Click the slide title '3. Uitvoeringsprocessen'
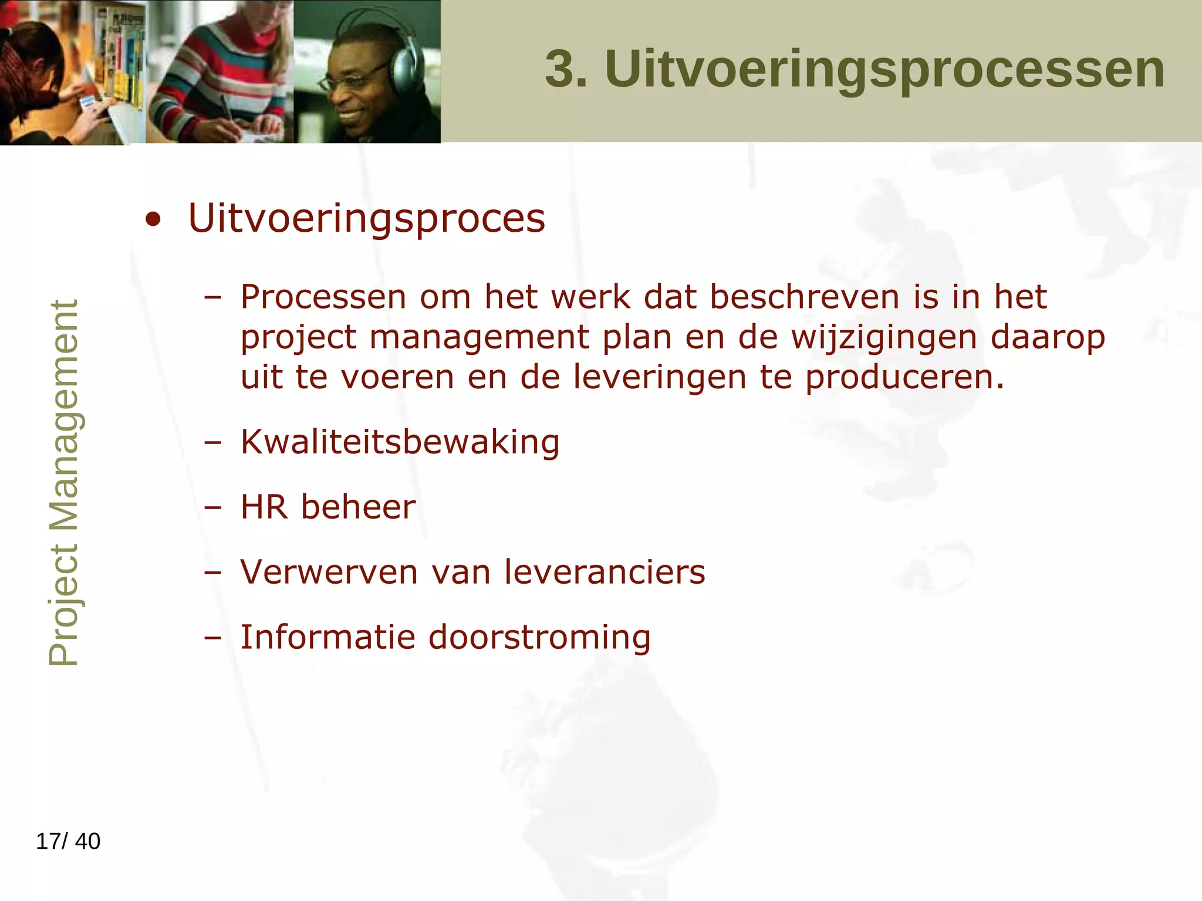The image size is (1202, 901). pyautogui.click(x=855, y=69)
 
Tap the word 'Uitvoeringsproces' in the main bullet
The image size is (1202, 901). pyautogui.click(x=366, y=219)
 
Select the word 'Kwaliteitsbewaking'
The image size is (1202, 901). pyautogui.click(x=400, y=442)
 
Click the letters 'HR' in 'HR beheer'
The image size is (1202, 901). pyautogui.click(x=264, y=507)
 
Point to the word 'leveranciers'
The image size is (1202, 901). pyautogui.click(x=605, y=572)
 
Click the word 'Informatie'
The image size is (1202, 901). pyautogui.click(x=327, y=637)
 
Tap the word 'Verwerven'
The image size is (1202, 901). pyautogui.click(x=329, y=572)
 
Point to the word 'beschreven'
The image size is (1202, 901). pyautogui.click(x=804, y=297)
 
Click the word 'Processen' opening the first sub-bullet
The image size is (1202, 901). pyautogui.click(x=323, y=297)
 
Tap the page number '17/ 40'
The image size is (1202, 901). pyautogui.click(x=68, y=841)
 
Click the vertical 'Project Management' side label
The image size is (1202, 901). pyautogui.click(x=63, y=482)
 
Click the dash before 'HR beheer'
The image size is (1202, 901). pyautogui.click(x=212, y=507)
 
